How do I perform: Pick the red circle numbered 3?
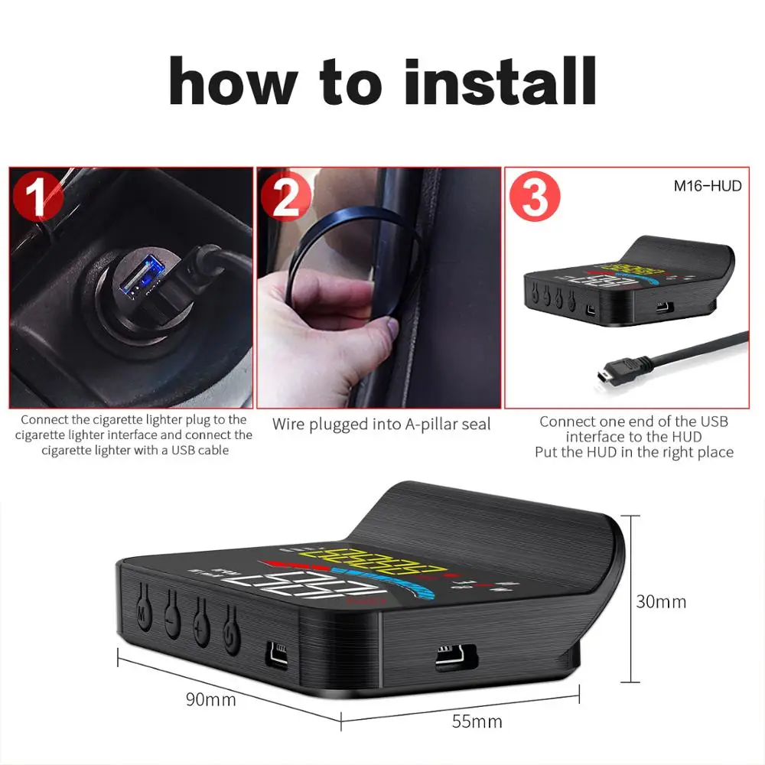pyautogui.click(x=535, y=197)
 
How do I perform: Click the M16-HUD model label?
pyautogui.click(x=708, y=185)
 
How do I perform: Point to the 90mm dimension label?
pyautogui.click(x=210, y=699)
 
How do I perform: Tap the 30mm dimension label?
pyautogui.click(x=661, y=601)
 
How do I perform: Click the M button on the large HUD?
pyautogui.click(x=142, y=611)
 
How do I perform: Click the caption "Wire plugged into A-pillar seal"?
pyautogui.click(x=381, y=423)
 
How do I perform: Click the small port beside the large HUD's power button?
pyautogui.click(x=276, y=652)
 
